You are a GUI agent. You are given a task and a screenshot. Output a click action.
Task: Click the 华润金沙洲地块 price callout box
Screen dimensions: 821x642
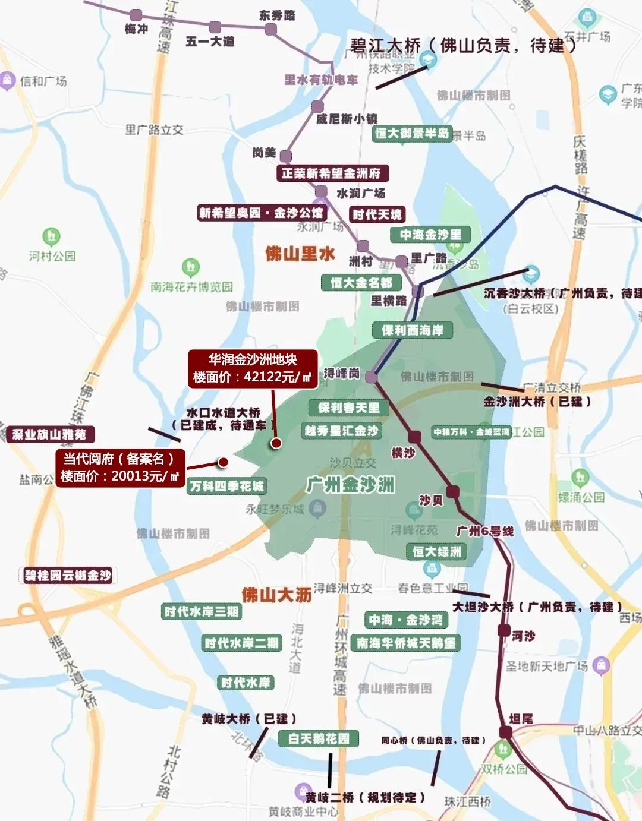[253, 368]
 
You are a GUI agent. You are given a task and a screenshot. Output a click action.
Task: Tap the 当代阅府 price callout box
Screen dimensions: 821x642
[121, 468]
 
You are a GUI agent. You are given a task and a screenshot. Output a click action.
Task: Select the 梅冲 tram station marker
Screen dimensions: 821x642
[136, 15]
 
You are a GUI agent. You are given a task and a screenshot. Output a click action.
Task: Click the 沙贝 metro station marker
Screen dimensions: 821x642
[453, 491]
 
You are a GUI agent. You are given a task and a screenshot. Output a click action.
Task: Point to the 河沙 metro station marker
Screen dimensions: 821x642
[504, 630]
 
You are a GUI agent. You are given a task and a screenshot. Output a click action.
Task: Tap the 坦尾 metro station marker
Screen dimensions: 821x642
[505, 732]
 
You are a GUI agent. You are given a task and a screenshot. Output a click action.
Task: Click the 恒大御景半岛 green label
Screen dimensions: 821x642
[412, 134]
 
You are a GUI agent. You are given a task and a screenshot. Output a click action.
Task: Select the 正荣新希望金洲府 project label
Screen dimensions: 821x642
[332, 173]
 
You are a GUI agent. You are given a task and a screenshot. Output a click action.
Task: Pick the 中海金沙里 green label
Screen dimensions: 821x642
[430, 235]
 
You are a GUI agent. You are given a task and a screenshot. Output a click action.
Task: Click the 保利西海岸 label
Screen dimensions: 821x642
[413, 330]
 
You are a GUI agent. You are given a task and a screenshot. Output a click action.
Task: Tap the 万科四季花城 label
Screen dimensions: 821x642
[226, 487]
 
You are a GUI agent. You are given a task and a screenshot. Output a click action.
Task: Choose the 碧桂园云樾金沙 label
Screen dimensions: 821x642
[68, 576]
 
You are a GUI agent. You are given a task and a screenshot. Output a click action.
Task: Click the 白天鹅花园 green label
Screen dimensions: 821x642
[319, 739]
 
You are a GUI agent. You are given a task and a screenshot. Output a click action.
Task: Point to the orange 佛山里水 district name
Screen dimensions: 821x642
[300, 254]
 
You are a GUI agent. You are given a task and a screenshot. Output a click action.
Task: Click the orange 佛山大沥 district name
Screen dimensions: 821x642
[276, 595]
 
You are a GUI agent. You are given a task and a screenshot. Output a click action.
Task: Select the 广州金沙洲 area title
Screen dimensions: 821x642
[351, 485]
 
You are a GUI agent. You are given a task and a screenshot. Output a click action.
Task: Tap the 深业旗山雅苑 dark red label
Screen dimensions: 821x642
[49, 435]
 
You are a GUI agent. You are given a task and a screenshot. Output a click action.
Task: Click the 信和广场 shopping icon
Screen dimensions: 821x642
[7, 80]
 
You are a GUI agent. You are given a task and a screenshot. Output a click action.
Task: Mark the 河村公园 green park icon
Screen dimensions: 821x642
[52, 236]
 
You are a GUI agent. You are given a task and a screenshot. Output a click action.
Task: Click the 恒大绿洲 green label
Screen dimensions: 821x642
[437, 552]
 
